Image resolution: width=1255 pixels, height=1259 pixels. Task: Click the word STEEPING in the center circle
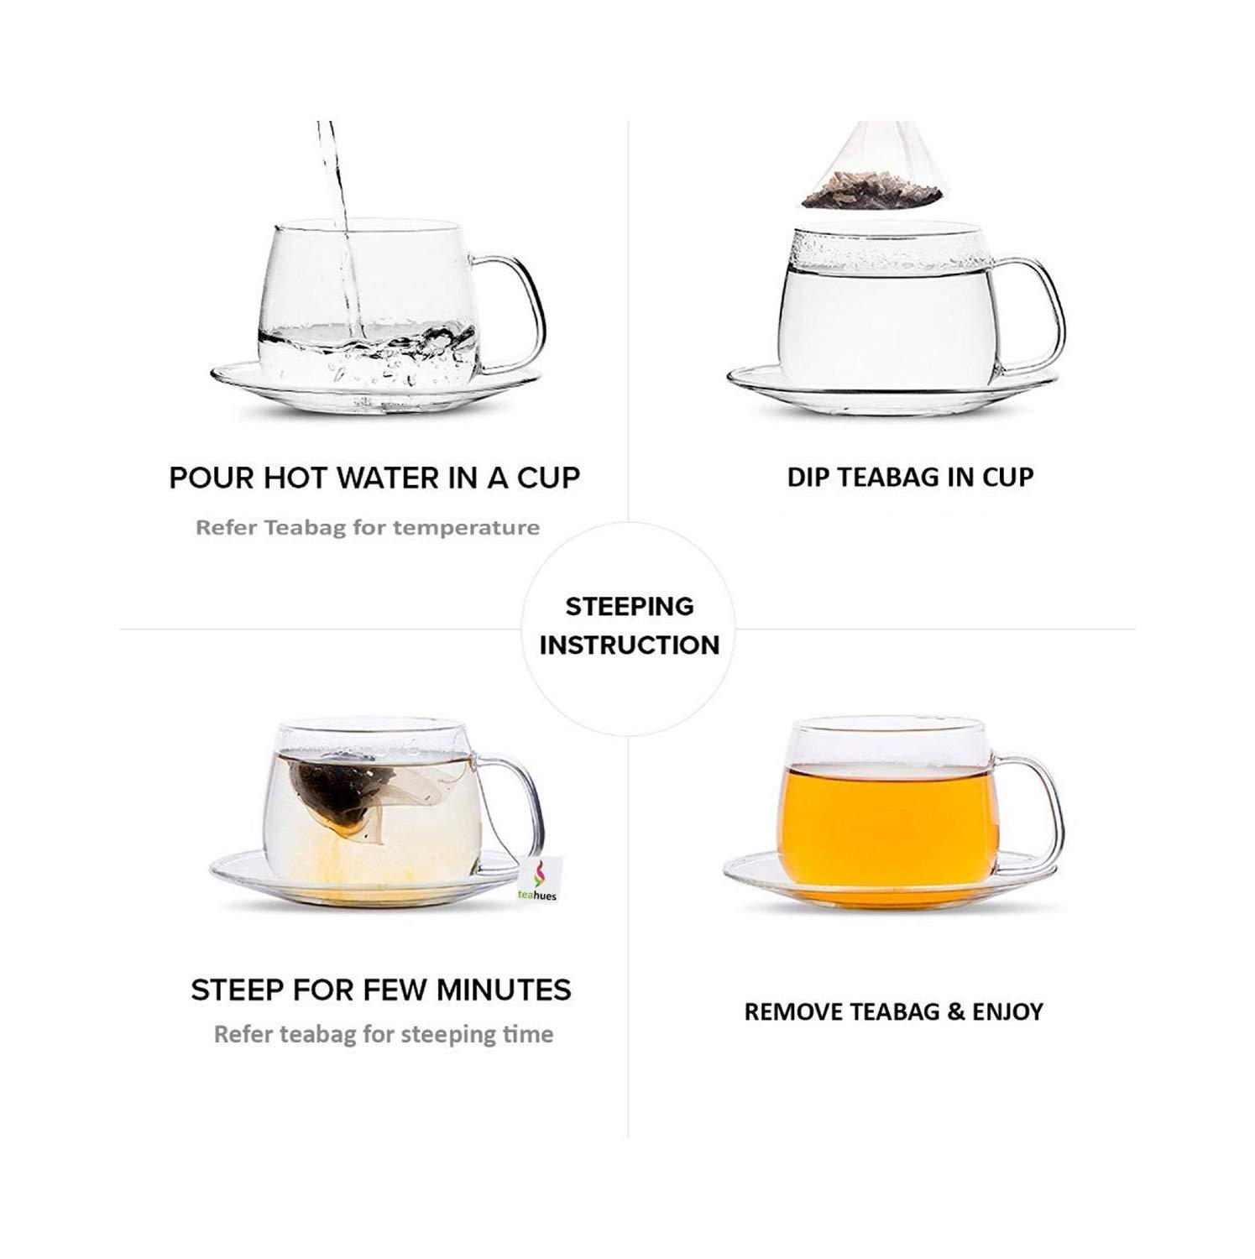click(x=630, y=606)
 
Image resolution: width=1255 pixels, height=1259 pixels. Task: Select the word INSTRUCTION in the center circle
click(x=630, y=645)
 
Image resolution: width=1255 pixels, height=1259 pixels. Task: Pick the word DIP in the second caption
click(x=807, y=477)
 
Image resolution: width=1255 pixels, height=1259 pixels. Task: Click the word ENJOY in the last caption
click(x=1007, y=1011)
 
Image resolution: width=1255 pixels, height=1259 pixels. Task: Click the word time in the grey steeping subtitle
click(x=528, y=1034)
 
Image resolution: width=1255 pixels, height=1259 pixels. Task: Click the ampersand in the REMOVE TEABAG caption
click(x=955, y=1011)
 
